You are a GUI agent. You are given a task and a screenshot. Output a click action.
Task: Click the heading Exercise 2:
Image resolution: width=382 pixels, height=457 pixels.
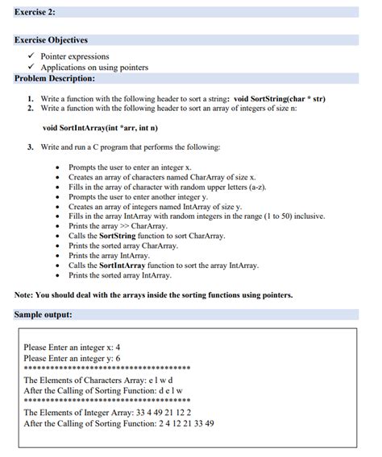pos(34,11)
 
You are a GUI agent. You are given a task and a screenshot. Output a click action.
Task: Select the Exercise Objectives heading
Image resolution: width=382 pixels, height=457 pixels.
pos(51,40)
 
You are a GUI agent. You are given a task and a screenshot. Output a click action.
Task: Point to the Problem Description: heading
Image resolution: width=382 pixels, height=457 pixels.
pos(54,78)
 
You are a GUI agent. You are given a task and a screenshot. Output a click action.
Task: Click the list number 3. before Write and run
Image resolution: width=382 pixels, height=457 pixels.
pos(30,147)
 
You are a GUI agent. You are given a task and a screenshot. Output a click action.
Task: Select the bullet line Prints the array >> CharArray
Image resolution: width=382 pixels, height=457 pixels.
pos(117,226)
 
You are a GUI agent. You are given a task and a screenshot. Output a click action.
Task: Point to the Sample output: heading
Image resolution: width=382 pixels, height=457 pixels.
pos(44,314)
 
